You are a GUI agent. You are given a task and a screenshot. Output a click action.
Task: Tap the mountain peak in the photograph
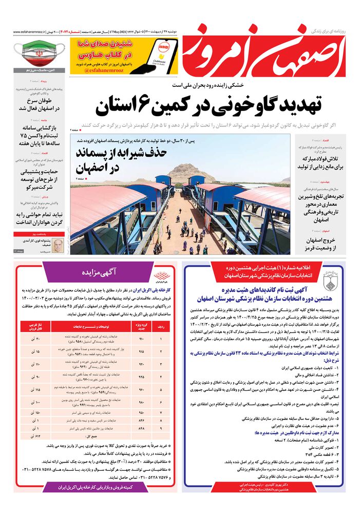pos(191,168)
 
